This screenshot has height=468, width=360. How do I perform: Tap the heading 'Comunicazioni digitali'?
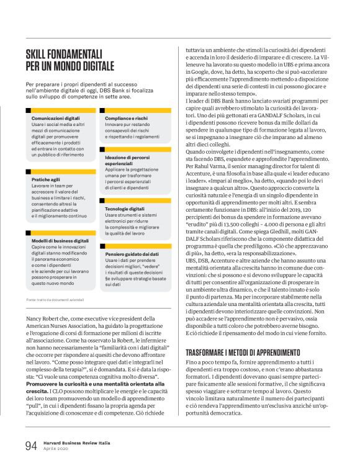coord(55,117)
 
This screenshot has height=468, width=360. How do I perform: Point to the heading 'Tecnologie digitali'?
coord(125,209)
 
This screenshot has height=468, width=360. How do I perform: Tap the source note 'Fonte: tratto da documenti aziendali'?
coord(55,300)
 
